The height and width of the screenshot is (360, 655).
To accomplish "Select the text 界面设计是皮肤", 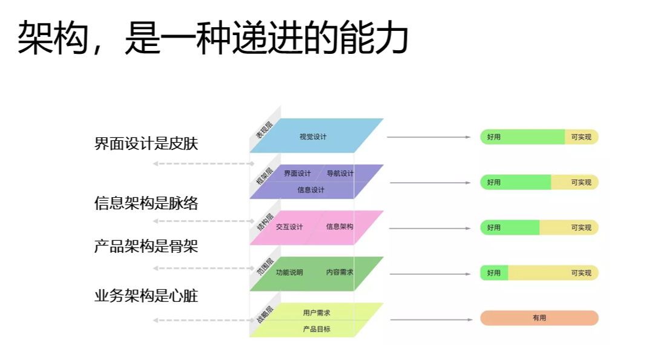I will tap(146, 144).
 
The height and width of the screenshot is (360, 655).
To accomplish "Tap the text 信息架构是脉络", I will tap(146, 203).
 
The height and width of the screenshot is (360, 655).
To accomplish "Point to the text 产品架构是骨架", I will tap(146, 247).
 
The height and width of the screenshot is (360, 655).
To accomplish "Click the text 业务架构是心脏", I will tap(146, 296).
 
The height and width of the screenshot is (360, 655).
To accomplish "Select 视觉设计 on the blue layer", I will tap(313, 137).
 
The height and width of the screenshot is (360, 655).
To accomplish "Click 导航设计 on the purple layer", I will tap(340, 174).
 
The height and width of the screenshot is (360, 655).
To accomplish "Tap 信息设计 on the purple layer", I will tap(311, 190).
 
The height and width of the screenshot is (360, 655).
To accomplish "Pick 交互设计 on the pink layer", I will tap(289, 227).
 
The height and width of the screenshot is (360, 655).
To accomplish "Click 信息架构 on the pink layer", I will tap(340, 227).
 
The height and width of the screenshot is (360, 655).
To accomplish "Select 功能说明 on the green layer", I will tap(289, 272).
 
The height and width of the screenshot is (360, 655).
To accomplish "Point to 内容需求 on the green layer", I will tap(340, 272).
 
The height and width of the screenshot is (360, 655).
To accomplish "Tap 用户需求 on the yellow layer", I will tap(317, 313).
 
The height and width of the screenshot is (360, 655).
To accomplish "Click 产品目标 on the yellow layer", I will tap(317, 329).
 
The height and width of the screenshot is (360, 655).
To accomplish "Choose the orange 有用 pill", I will tap(539, 318).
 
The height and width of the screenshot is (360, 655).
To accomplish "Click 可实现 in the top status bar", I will tap(581, 137).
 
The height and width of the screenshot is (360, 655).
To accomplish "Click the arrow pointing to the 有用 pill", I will tap(430, 319).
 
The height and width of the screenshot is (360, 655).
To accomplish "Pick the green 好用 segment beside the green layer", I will tap(494, 273).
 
